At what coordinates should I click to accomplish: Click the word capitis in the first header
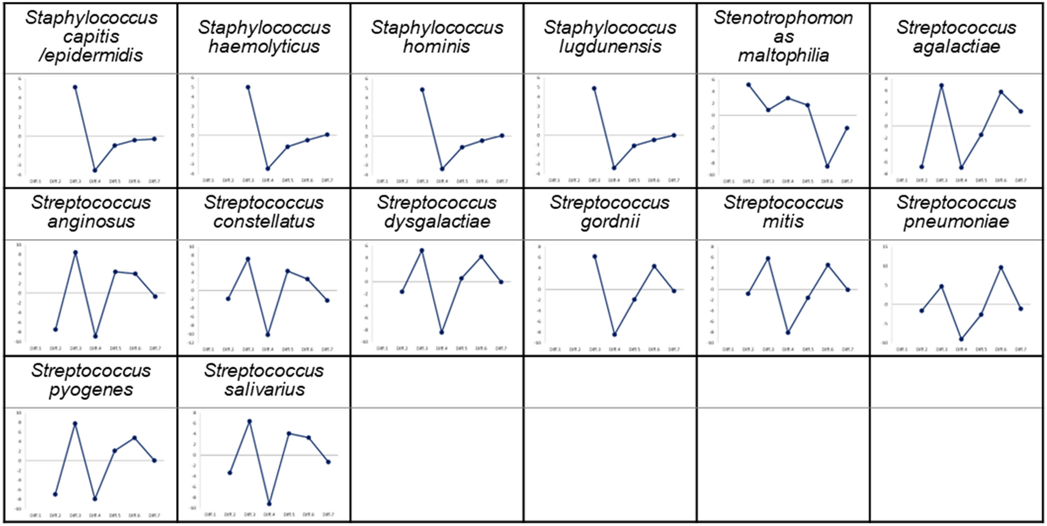tap(91, 37)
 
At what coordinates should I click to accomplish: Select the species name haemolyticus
tap(264, 46)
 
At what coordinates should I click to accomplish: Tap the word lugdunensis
tap(610, 46)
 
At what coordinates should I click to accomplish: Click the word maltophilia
tap(783, 56)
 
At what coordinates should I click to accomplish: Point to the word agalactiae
tap(956, 46)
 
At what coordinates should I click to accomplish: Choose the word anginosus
tap(91, 221)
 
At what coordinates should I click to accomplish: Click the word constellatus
tap(264, 221)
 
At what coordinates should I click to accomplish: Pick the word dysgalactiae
tap(437, 221)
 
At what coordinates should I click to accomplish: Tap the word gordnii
tap(610, 221)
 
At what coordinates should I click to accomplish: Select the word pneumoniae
tap(956, 221)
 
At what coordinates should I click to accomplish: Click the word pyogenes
tap(91, 390)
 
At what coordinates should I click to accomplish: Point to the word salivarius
tap(264, 390)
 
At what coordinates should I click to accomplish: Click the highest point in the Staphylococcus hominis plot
tap(422, 89)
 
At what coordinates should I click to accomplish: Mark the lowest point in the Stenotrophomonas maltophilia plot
tap(827, 166)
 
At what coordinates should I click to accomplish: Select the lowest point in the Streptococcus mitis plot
tap(788, 333)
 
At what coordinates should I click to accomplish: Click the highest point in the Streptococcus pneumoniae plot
tap(1001, 267)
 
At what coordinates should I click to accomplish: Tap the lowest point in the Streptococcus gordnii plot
tap(614, 335)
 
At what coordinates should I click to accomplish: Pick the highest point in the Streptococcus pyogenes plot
tap(75, 423)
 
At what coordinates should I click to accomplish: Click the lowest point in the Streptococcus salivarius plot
tap(269, 504)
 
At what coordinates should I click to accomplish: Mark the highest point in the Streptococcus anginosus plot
tap(75, 252)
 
